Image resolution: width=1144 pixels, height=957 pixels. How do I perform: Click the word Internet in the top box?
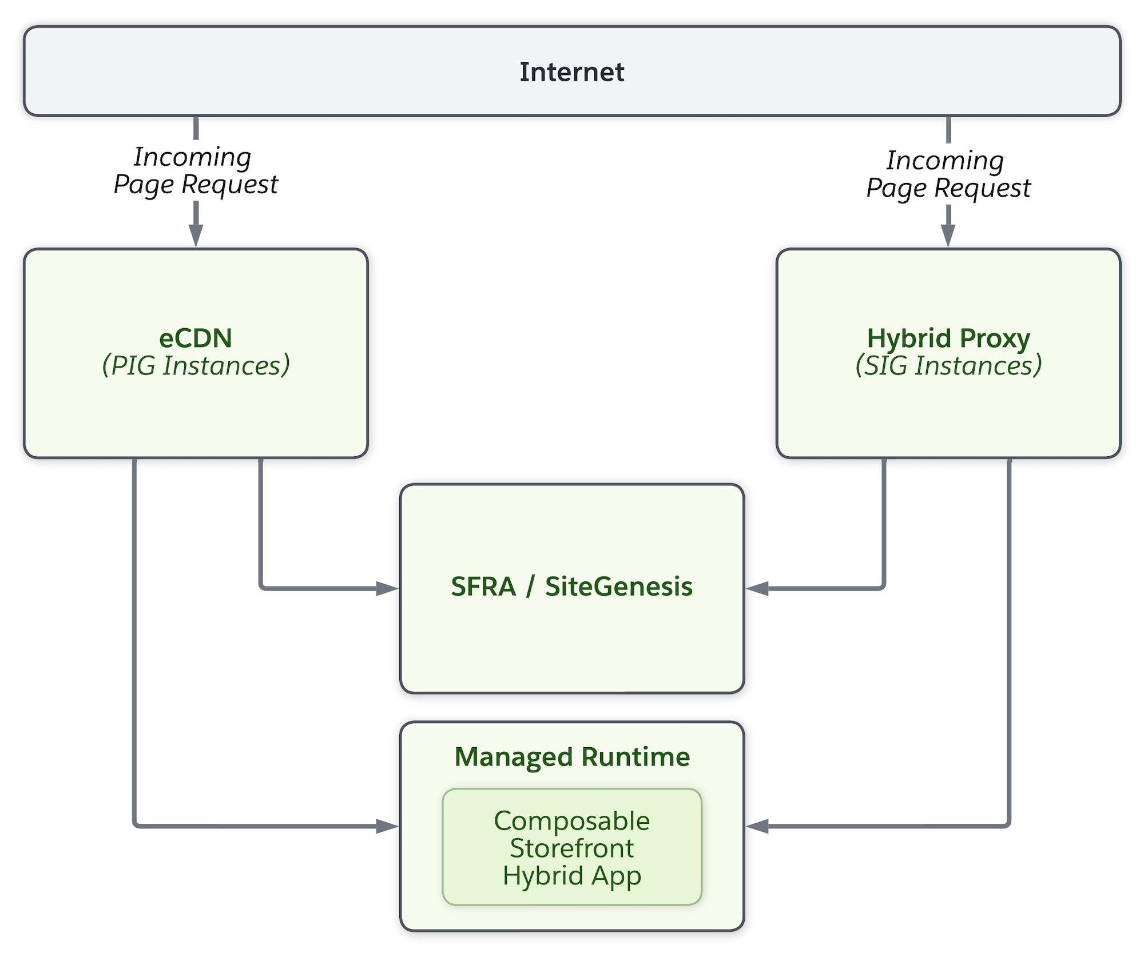tap(571, 72)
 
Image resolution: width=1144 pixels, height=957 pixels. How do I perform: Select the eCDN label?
tap(196, 338)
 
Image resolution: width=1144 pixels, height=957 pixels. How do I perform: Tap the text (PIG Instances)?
tap(196, 366)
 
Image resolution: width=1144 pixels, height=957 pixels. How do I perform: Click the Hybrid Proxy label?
tap(948, 338)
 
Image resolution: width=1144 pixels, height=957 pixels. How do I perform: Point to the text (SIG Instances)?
tap(948, 366)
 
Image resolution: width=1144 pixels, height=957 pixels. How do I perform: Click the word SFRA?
tap(483, 587)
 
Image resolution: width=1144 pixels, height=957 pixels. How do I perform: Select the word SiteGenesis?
tap(618, 587)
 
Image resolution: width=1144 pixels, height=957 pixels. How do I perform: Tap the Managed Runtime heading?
tap(572, 757)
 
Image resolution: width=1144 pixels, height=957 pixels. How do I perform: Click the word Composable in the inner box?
tap(572, 821)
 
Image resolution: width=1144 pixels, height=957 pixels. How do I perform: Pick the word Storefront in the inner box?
tap(572, 848)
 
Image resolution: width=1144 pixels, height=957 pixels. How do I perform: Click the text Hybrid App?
tap(572, 876)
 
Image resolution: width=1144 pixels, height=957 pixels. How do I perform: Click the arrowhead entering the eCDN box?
tap(196, 236)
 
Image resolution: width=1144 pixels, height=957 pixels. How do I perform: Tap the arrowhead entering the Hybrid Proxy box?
tap(948, 236)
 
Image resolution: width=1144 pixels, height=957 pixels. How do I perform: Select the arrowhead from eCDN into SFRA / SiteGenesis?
tap(387, 588)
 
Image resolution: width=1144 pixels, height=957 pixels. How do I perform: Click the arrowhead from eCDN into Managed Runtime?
tap(387, 826)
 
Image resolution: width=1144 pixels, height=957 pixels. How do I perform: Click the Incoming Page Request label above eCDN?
tap(196, 170)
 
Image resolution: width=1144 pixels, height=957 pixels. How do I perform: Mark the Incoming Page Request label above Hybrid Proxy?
tap(948, 174)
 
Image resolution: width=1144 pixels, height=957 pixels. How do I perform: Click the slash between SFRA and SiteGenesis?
tap(530, 587)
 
